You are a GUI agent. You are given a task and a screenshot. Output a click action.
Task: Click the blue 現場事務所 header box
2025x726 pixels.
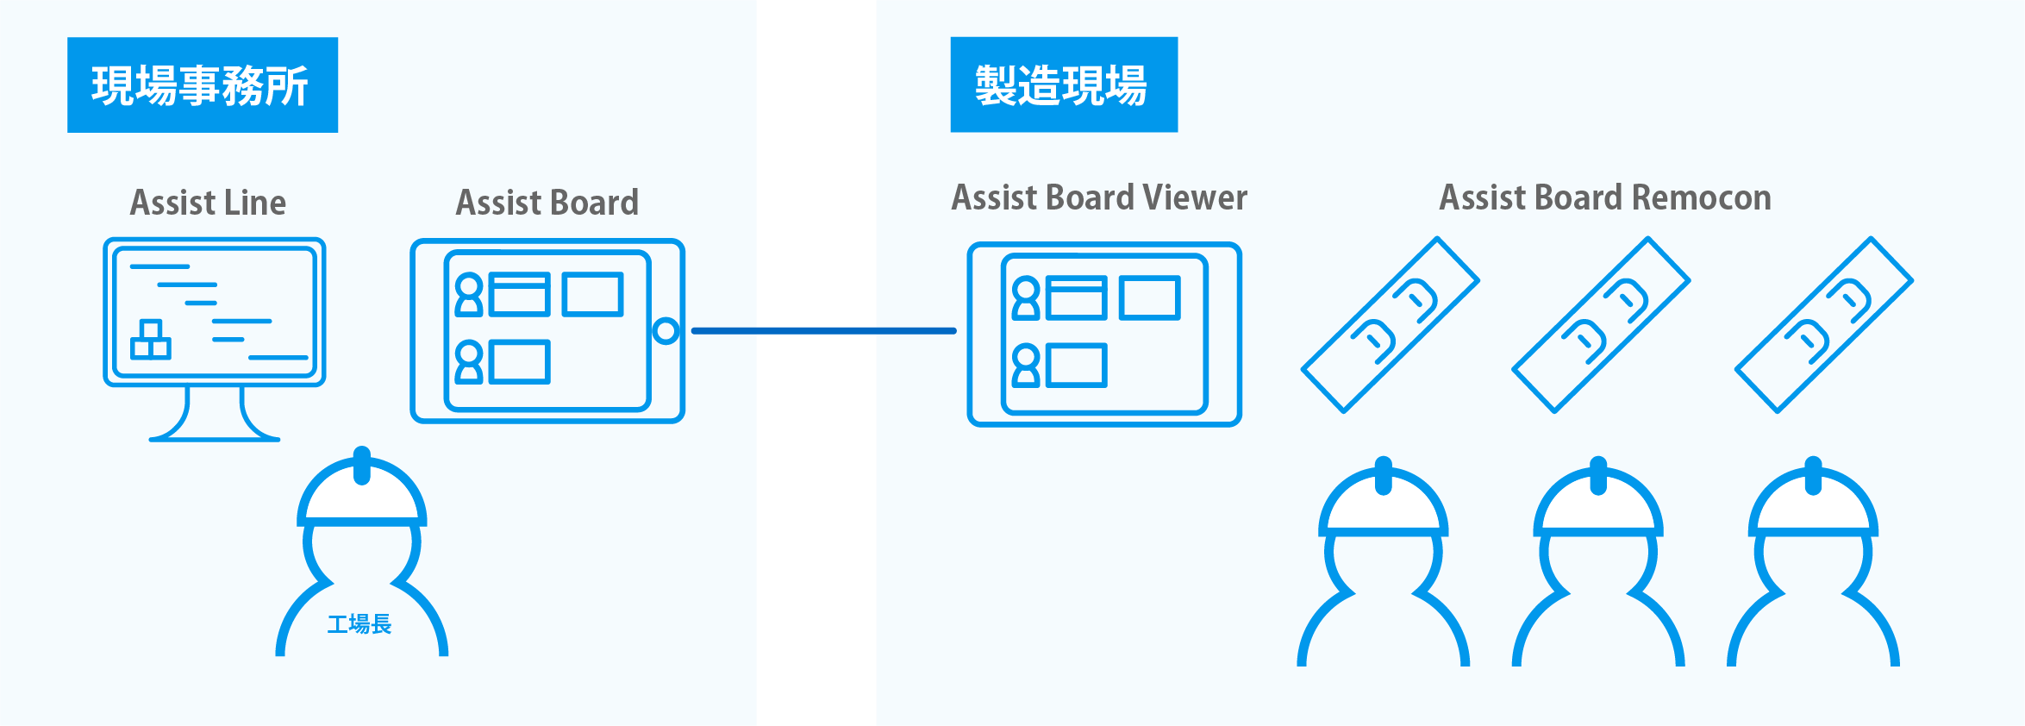point(203,84)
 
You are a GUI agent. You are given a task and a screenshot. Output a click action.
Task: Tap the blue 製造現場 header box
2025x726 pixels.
point(1064,84)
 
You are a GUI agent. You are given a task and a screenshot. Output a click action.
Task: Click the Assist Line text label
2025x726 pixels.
point(208,203)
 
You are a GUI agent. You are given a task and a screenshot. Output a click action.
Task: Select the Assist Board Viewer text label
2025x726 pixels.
point(1099,197)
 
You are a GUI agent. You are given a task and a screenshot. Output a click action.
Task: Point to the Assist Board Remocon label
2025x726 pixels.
point(1605,197)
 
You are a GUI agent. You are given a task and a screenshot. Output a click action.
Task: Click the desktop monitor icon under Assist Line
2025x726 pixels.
point(215,312)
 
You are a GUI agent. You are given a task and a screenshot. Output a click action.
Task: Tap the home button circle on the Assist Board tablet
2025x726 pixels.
point(666,331)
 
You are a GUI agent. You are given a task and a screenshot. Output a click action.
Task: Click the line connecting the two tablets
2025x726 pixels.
point(823,330)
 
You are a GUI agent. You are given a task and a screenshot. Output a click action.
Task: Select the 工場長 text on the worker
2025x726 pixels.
point(359,623)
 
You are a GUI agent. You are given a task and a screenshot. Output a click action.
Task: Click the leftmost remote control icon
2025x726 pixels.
point(1390,324)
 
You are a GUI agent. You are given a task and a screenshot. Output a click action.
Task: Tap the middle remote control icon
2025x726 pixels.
point(1601,324)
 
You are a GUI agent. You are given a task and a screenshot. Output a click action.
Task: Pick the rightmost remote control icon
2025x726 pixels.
point(1823,324)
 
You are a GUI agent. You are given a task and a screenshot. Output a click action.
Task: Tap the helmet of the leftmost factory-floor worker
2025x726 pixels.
point(1384,504)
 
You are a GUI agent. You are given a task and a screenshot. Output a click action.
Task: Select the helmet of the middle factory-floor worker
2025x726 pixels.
point(1598,504)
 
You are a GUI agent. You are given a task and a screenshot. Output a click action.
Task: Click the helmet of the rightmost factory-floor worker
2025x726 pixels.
point(1813,504)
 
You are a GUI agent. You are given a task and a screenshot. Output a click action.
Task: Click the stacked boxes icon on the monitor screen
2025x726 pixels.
point(151,340)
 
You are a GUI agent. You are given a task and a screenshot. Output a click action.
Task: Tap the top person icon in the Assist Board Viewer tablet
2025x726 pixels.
point(1026,297)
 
